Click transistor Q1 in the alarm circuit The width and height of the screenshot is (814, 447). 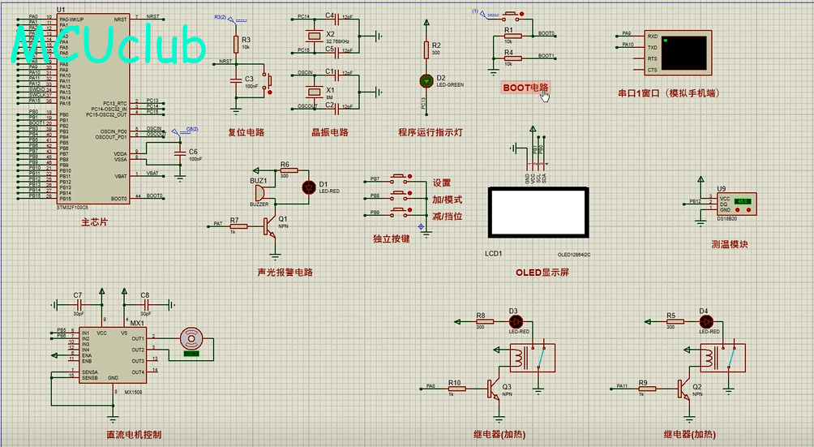click(x=271, y=227)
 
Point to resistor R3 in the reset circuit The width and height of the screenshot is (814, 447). click(x=236, y=43)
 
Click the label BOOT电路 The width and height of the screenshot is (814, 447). click(x=525, y=87)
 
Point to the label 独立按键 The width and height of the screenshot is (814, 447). click(x=391, y=239)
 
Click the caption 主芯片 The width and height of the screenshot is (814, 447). click(x=94, y=221)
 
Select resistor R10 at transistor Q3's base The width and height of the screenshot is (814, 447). click(x=456, y=389)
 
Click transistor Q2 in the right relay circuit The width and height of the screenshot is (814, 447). click(x=683, y=389)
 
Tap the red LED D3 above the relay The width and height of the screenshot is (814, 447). click(x=512, y=321)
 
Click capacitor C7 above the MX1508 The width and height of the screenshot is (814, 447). click(x=79, y=304)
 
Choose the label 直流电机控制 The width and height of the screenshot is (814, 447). click(x=134, y=434)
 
